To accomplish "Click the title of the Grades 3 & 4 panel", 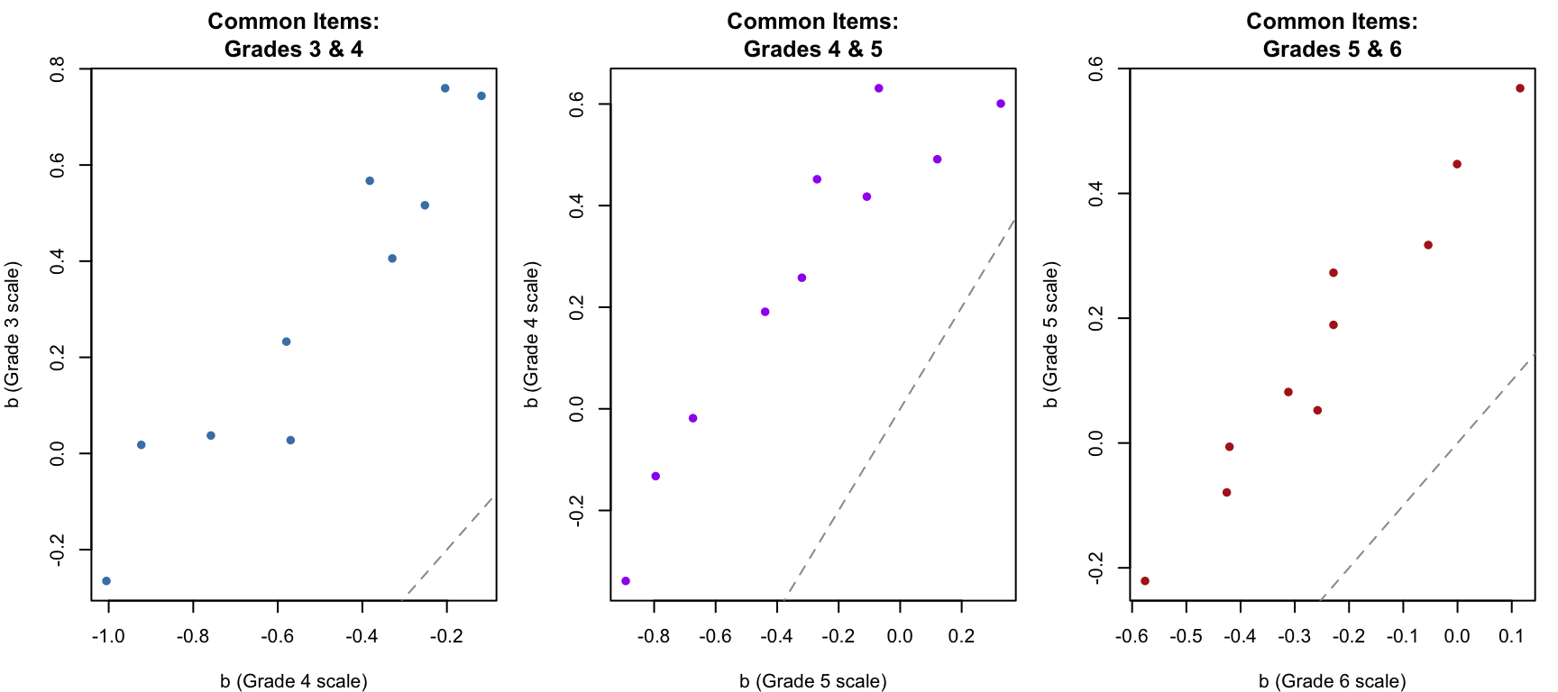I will pos(293,35).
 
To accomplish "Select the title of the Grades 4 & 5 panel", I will pos(812,35).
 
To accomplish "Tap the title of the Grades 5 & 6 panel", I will pos(1332,35).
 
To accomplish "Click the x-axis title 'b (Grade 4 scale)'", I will pos(293,681).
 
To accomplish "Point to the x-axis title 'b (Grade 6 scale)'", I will pos(1332,681).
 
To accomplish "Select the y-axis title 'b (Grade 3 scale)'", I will pos(13,334).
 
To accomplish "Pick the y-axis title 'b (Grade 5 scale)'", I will pos(1051,334).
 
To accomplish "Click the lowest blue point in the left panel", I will pos(106,581).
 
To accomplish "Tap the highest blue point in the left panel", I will pos(445,88).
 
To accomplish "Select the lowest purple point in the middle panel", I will pos(626,581).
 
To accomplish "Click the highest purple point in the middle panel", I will pos(879,88).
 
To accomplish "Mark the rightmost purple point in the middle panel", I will pos(1001,104).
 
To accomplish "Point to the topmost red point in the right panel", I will pos(1520,88).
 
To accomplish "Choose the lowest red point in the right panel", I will pos(1145,581).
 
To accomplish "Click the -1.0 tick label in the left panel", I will pos(108,636).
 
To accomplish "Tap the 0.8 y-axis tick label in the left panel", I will pos(58,69).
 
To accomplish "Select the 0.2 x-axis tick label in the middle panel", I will pos(961,636).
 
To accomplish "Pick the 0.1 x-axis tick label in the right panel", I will pos(1511,636).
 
